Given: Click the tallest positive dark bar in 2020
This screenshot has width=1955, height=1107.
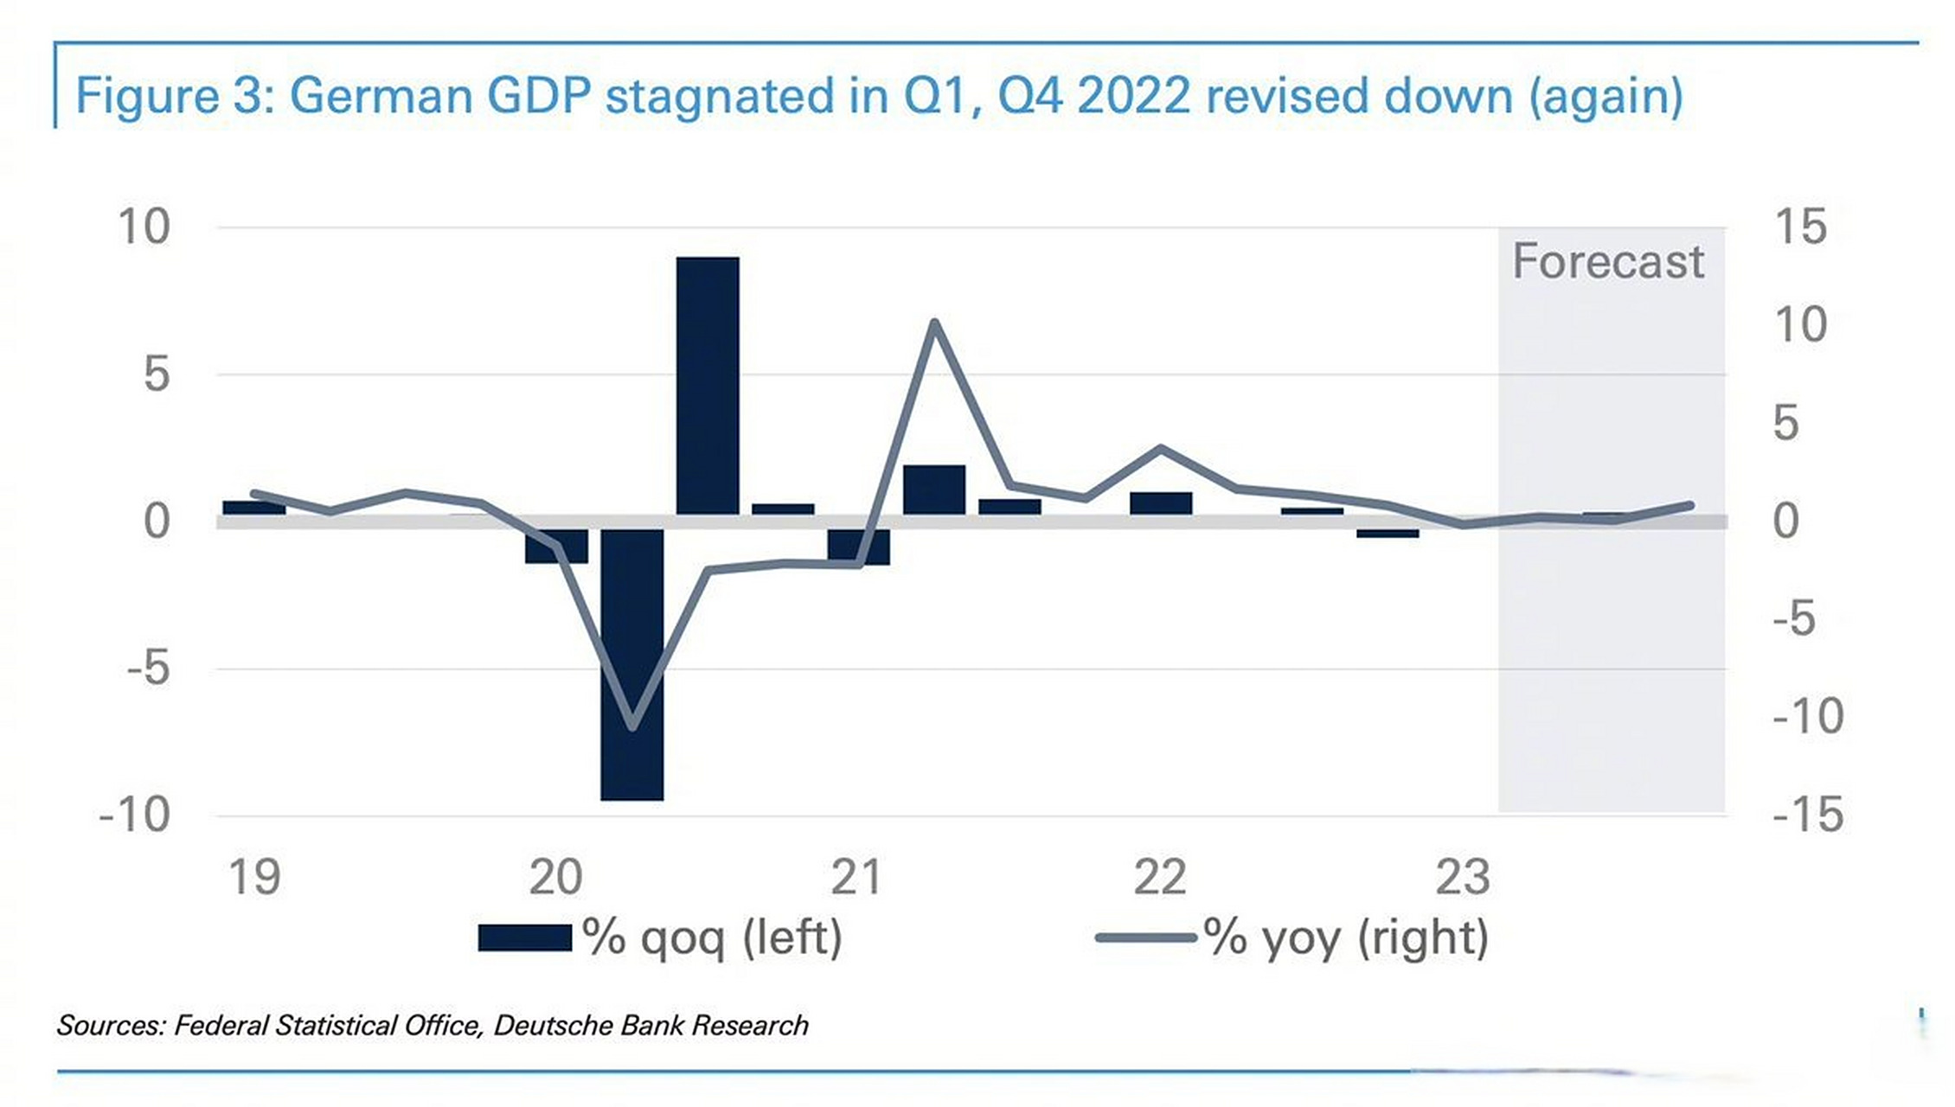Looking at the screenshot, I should pyautogui.click(x=708, y=385).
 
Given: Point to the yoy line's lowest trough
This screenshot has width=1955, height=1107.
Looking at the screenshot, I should pyautogui.click(x=632, y=726).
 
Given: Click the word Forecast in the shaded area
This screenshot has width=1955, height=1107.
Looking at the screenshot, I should pyautogui.click(x=1608, y=261).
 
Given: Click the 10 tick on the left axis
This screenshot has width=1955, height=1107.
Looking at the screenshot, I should pyautogui.click(x=144, y=227).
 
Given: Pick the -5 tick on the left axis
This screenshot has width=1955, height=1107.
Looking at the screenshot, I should pyautogui.click(x=148, y=669).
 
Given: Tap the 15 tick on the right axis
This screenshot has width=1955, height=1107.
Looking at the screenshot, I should pyautogui.click(x=1800, y=227).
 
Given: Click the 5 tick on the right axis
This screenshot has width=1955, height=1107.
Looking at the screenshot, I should pyautogui.click(x=1785, y=424).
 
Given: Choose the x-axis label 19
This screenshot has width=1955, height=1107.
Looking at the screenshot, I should pyautogui.click(x=254, y=877).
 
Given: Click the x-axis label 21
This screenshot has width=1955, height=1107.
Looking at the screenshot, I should pyautogui.click(x=856, y=877).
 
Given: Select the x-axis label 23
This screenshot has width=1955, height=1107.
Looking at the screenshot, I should pyautogui.click(x=1462, y=877).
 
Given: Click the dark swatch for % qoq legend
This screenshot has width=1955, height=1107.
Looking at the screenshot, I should pyautogui.click(x=524, y=937).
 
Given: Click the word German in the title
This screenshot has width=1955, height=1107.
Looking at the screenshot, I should pyautogui.click(x=381, y=95).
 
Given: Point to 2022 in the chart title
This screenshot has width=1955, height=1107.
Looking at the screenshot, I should pyautogui.click(x=1134, y=95).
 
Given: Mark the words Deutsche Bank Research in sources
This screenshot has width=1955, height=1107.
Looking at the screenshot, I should pyautogui.click(x=651, y=1026).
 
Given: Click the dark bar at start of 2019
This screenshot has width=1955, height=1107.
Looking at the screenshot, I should pyautogui.click(x=253, y=508).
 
